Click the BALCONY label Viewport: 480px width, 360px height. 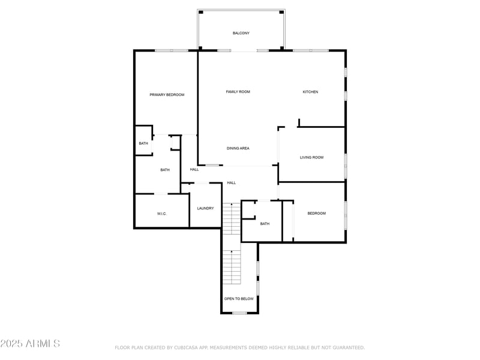point(241,33)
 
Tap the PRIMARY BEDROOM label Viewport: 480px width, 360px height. point(167,95)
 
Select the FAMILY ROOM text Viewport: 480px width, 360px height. point(238,92)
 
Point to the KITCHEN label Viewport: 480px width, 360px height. point(310,92)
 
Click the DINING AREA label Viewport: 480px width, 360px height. point(238,148)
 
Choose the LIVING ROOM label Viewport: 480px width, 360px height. point(311,157)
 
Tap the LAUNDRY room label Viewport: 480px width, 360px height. point(205,208)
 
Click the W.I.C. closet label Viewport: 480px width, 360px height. point(161,214)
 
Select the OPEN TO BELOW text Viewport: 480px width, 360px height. point(239,299)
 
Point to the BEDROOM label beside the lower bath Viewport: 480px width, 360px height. point(317,214)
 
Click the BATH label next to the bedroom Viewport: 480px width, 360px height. point(265,224)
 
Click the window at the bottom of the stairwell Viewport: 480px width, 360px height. point(239,313)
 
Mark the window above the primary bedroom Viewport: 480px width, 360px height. point(172,50)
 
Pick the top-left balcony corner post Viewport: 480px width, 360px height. point(201,12)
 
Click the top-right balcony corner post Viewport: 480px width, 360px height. point(281,12)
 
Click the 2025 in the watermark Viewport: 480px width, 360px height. point(11,343)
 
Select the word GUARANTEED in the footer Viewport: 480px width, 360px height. point(349,347)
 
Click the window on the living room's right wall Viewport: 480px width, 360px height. point(346,166)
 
